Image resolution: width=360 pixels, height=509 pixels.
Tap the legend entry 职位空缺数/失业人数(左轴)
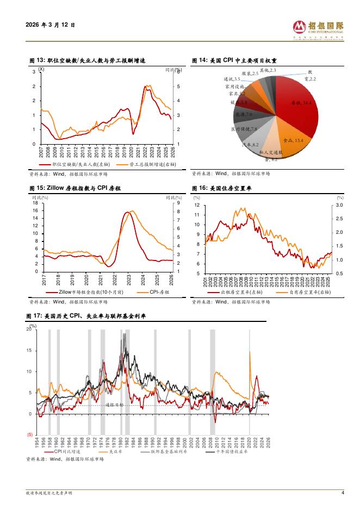click(x=76, y=163)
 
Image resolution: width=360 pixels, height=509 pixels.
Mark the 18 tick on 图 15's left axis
click(x=35, y=203)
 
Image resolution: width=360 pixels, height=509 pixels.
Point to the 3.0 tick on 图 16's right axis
click(x=339, y=206)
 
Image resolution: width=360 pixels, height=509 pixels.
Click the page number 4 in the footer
click(x=343, y=493)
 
